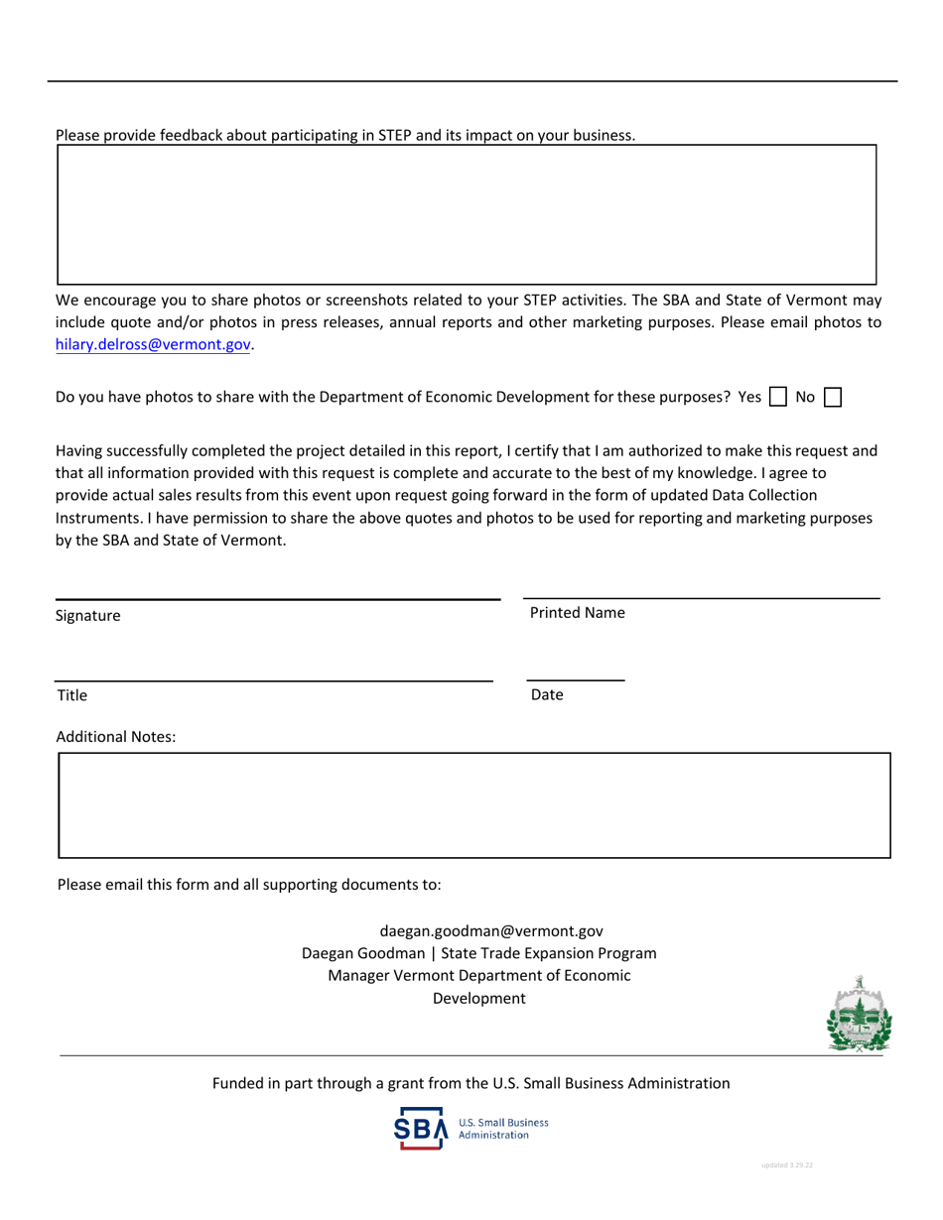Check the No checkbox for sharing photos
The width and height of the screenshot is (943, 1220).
tap(834, 398)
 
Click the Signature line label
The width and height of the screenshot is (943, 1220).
tap(88, 616)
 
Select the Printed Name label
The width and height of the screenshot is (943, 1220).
tap(578, 613)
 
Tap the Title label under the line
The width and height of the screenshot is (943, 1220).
tap(72, 695)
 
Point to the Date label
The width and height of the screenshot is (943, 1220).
tap(547, 695)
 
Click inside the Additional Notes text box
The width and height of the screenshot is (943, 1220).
tap(474, 804)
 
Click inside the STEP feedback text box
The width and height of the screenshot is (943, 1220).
tap(467, 214)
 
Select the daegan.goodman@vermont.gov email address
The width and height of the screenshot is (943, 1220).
tap(491, 931)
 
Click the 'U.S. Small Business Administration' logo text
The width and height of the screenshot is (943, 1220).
tap(501, 1129)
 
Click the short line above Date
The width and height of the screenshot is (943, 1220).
tap(575, 680)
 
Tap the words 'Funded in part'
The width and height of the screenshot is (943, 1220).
tap(262, 1084)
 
